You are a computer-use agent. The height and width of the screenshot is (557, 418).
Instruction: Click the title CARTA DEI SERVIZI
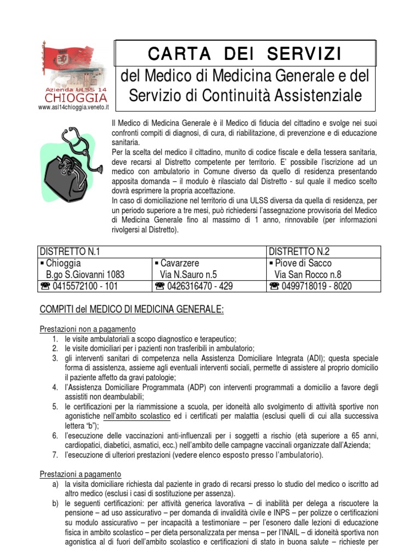(244, 54)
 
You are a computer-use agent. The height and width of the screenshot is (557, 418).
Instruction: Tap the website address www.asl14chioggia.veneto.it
(73, 108)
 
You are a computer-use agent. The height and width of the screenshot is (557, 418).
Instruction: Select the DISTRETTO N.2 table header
(300, 251)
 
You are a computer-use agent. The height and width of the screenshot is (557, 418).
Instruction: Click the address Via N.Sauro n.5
(188, 275)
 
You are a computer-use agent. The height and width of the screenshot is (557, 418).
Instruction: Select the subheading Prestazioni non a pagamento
(88, 329)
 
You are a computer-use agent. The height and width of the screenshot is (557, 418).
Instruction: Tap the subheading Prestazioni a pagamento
(81, 474)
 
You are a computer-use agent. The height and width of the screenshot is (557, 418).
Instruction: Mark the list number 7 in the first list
(55, 455)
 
